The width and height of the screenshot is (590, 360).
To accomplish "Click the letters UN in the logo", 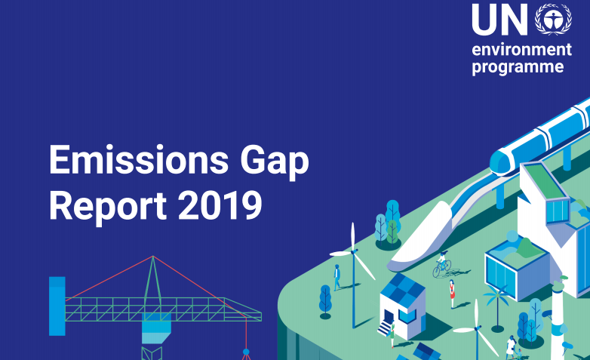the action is [499, 20].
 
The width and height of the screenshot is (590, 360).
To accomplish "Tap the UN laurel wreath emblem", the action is [553, 19].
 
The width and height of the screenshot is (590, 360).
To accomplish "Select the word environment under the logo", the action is [522, 50].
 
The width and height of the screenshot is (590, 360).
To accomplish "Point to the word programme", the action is [518, 67].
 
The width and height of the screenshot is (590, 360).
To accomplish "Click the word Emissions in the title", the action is [139, 160].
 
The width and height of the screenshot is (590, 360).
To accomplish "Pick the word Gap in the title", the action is [275, 162].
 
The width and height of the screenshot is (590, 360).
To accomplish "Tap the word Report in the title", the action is [108, 206].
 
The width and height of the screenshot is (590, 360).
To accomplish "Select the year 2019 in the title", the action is [220, 205].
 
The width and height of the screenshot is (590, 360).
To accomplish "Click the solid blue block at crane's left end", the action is [57, 306].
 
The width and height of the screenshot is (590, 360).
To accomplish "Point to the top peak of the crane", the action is [152, 257].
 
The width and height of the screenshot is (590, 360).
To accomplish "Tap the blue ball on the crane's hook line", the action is [246, 352].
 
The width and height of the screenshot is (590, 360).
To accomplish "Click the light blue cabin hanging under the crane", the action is [156, 328].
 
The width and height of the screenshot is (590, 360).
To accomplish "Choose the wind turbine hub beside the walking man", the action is [353, 251].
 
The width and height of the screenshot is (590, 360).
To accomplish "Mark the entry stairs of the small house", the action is [385, 328].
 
